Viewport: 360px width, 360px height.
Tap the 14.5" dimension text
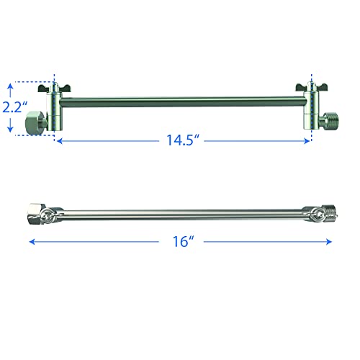(x=180, y=140)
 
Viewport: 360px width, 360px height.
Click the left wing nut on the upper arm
(x=54, y=88)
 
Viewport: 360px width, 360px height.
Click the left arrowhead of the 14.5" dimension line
(x=58, y=141)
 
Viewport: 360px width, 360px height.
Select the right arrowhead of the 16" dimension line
(x=333, y=243)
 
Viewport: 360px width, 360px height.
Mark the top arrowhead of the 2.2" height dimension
(x=9, y=86)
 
